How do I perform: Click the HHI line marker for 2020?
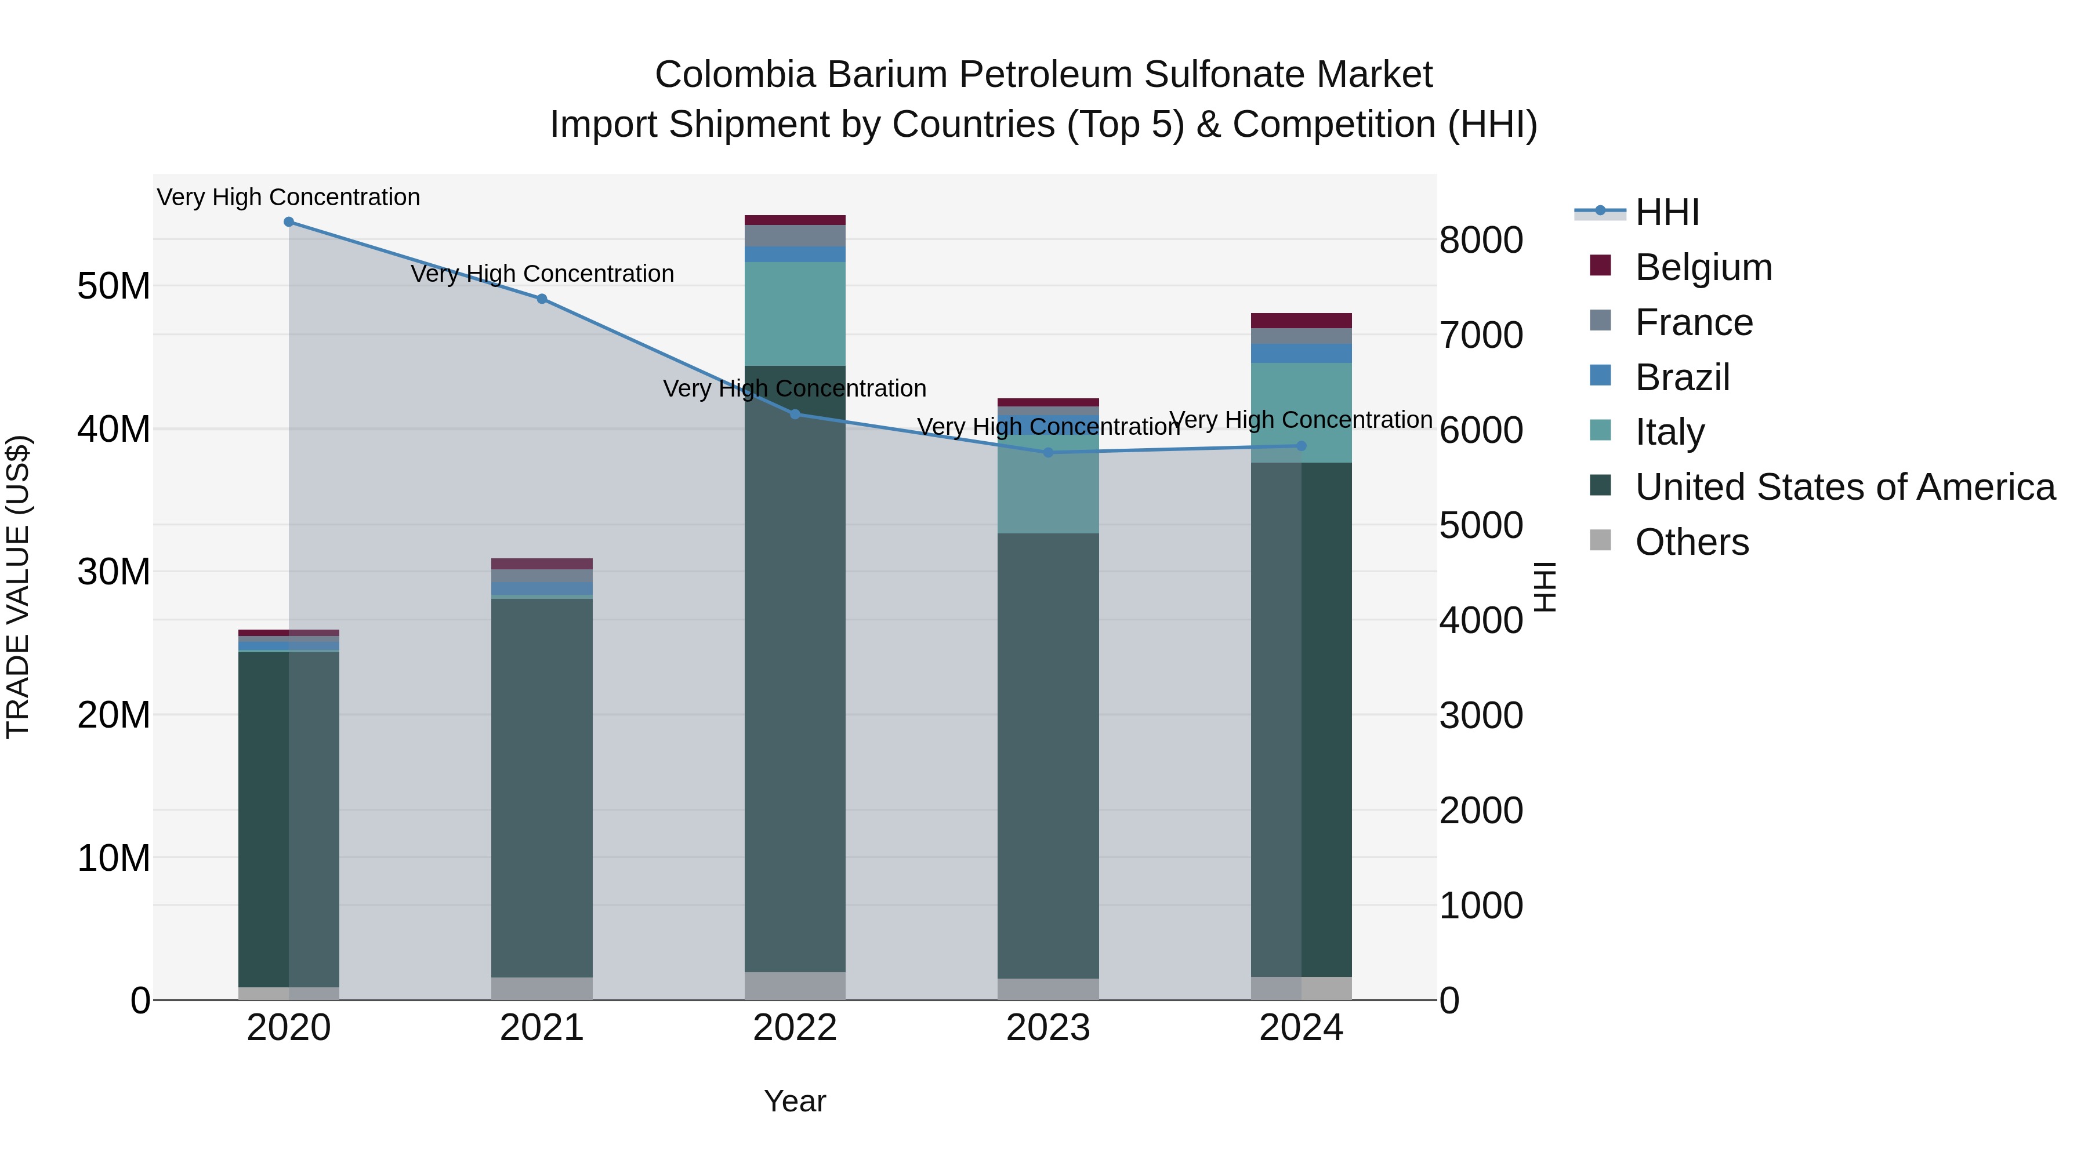pyautogui.click(x=289, y=222)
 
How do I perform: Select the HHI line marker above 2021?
pyautogui.click(x=542, y=299)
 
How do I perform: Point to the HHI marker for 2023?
pyautogui.click(x=1048, y=453)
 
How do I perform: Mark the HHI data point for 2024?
pyautogui.click(x=1302, y=446)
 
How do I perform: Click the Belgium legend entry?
pyautogui.click(x=1703, y=267)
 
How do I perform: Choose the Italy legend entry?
pyautogui.click(x=1670, y=432)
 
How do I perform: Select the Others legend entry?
pyautogui.click(x=1692, y=542)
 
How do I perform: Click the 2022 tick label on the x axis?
pyautogui.click(x=795, y=1028)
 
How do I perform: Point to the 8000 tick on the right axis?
pyautogui.click(x=1481, y=241)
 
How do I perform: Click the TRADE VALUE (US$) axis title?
pyautogui.click(x=18, y=587)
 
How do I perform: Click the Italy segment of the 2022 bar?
pyautogui.click(x=795, y=314)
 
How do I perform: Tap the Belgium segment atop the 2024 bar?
pyautogui.click(x=1302, y=321)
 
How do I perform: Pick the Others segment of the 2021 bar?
pyautogui.click(x=542, y=988)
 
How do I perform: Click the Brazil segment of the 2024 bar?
pyautogui.click(x=1302, y=353)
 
